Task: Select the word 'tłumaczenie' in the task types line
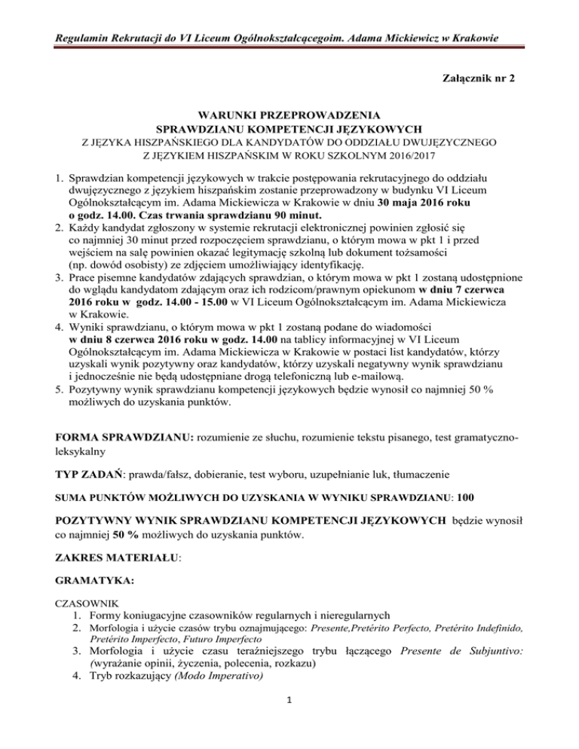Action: (x=421, y=475)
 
